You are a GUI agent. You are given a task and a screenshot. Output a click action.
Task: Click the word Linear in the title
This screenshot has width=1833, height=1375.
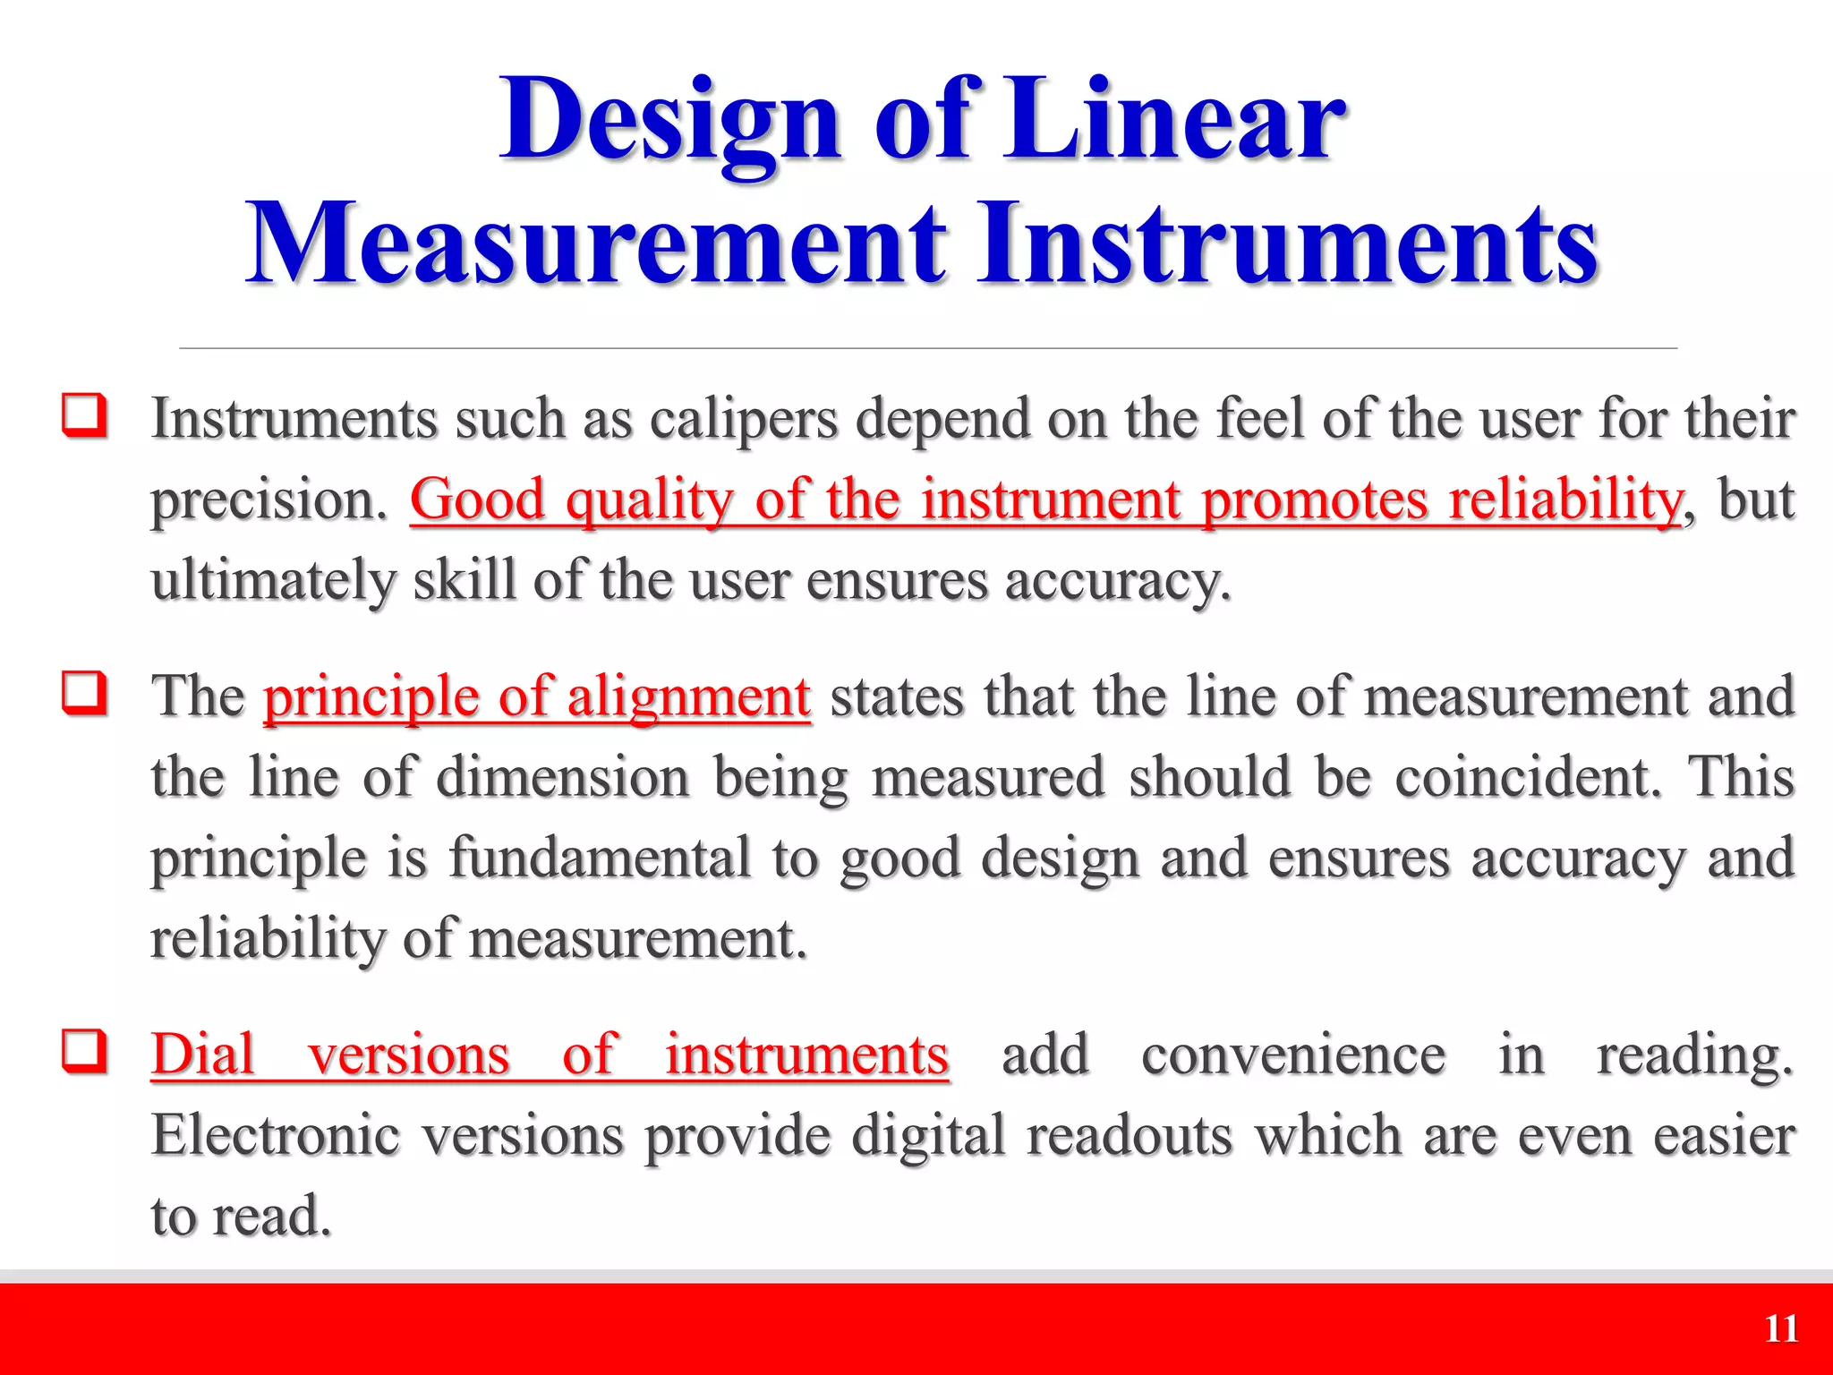(x=1172, y=121)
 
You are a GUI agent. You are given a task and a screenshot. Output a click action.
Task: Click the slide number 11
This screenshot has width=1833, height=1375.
(x=1781, y=1329)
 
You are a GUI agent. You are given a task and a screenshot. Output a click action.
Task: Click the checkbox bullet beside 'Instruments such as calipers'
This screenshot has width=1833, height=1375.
(x=85, y=415)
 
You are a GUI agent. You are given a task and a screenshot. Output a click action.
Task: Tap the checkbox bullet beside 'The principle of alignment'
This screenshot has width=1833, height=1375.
(x=85, y=693)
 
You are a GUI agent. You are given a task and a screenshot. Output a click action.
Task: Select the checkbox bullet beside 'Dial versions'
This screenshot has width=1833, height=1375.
(x=85, y=1051)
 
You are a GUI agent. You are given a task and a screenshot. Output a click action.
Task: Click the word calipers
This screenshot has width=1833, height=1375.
(x=743, y=419)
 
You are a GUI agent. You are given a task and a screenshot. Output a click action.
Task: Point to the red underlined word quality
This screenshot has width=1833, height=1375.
(x=650, y=500)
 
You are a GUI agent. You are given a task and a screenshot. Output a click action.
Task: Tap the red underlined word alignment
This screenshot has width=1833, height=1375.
(x=689, y=696)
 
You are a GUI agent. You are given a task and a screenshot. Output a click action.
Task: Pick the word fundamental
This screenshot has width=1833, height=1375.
(x=599, y=857)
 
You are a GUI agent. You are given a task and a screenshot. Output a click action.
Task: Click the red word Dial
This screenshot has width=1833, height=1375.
(x=203, y=1054)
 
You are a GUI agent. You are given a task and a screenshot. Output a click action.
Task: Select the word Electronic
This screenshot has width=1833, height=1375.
(x=275, y=1135)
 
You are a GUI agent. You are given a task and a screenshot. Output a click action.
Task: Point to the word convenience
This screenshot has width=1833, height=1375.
(x=1293, y=1054)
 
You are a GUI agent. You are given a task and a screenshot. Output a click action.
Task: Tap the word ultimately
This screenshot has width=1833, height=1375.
(x=272, y=581)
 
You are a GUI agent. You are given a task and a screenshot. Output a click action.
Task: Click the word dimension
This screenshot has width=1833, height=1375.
(x=563, y=776)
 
